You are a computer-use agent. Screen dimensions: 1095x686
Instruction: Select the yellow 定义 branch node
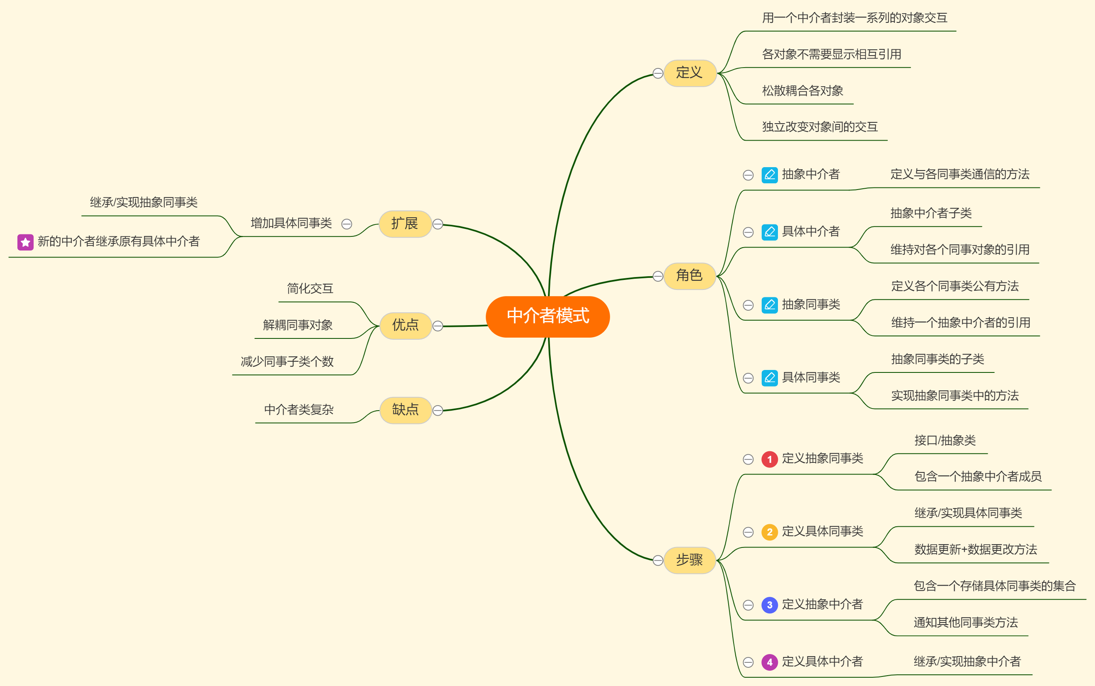tap(689, 73)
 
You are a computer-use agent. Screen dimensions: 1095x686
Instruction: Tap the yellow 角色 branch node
tap(689, 276)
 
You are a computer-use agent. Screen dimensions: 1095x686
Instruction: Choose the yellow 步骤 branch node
tap(689, 560)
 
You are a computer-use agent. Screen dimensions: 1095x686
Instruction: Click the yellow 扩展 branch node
tap(405, 224)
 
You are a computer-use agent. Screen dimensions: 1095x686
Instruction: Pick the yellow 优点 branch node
tap(405, 325)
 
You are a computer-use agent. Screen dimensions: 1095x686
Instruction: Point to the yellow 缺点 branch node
tap(405, 410)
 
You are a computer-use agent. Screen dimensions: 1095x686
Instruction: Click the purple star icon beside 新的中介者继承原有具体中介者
tap(25, 242)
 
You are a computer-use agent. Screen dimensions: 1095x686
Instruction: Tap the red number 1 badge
tap(770, 459)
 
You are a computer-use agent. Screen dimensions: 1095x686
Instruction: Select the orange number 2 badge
tap(770, 532)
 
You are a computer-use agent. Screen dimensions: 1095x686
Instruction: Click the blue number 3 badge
tap(770, 605)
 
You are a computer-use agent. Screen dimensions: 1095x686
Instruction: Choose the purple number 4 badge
tap(770, 662)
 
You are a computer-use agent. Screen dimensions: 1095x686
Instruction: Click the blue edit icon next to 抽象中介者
tap(770, 175)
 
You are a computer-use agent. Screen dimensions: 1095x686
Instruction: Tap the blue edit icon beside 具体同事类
tap(770, 377)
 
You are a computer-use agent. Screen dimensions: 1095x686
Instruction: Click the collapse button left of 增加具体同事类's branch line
tap(347, 224)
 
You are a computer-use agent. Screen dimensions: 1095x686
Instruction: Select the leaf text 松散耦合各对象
tap(802, 91)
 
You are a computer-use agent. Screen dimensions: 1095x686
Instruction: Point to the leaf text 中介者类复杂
tap(299, 410)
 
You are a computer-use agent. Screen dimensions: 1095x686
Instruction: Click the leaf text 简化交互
tap(310, 289)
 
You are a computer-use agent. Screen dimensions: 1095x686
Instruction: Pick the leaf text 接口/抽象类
tap(945, 440)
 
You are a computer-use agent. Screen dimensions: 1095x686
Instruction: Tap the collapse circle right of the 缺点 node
tap(438, 411)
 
